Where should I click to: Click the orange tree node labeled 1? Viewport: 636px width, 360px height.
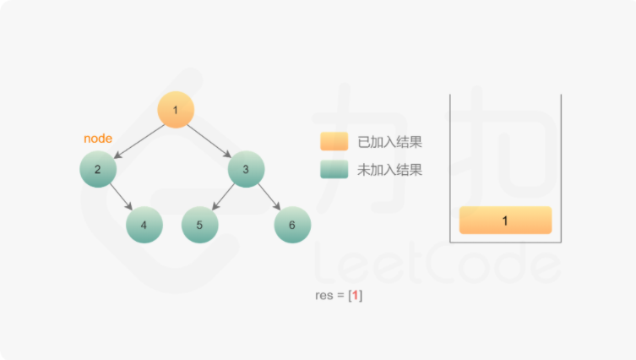[x=176, y=110]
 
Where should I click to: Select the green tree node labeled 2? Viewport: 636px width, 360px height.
[x=98, y=170]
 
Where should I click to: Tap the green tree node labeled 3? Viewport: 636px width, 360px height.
[x=246, y=170]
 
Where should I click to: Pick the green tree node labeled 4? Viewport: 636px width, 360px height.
[x=144, y=225]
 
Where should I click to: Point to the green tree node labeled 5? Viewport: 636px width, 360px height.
[x=199, y=225]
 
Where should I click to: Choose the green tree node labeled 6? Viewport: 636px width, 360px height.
[x=292, y=225]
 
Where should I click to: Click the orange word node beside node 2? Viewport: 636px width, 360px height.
[x=98, y=139]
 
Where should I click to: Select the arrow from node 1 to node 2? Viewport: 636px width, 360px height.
[x=137, y=140]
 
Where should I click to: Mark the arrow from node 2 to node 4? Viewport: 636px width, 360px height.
[x=122, y=198]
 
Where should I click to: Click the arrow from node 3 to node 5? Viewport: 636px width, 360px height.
[x=223, y=198]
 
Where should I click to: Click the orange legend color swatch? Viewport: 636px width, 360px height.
[x=334, y=141]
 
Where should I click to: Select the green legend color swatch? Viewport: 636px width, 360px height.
[x=334, y=170]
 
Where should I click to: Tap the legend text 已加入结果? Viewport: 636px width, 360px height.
[x=390, y=141]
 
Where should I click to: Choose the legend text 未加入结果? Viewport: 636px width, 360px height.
[x=390, y=170]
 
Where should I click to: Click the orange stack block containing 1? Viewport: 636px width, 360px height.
[x=505, y=221]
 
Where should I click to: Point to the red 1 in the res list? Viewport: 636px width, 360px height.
[x=355, y=297]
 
